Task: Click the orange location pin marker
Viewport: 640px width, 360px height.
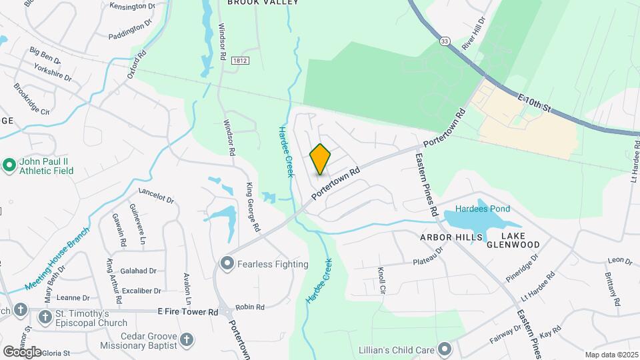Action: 320,159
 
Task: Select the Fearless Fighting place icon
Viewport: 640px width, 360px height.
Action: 227,264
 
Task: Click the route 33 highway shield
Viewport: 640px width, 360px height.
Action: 445,41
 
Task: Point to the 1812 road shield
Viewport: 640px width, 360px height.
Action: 240,61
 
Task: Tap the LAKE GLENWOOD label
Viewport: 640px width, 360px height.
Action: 521,241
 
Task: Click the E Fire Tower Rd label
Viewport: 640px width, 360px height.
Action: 188,311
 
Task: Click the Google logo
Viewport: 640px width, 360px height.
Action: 22,351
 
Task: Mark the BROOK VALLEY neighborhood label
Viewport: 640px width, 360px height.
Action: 262,3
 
